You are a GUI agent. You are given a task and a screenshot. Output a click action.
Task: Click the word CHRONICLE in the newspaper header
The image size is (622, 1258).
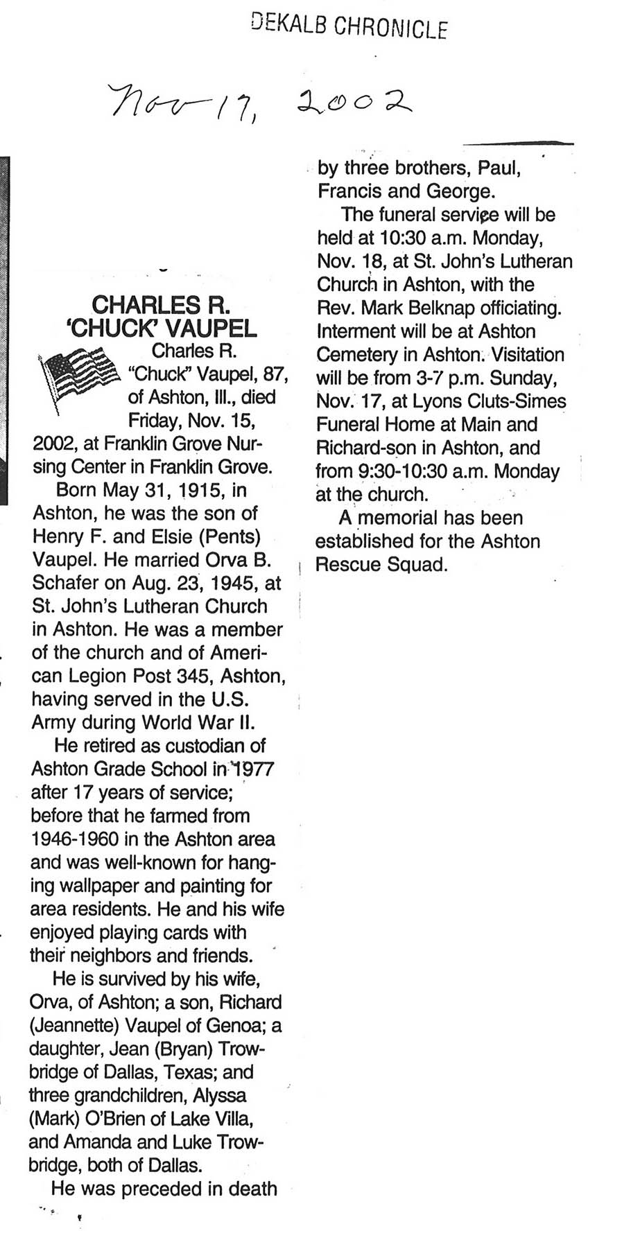coord(392,28)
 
